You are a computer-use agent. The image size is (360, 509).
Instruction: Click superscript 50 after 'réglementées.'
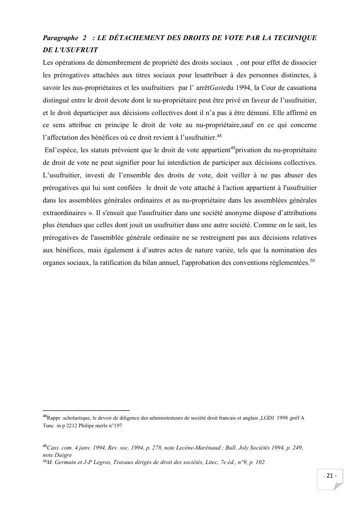[x=312, y=261]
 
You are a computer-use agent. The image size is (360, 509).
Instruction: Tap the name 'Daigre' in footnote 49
[x=63, y=455]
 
